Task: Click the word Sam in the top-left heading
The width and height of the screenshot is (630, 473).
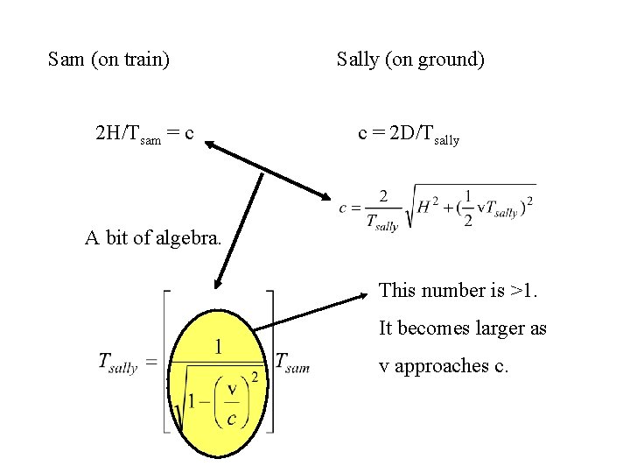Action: point(66,60)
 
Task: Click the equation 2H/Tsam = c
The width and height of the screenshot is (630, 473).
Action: point(143,134)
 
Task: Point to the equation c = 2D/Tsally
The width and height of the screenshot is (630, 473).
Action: point(409,134)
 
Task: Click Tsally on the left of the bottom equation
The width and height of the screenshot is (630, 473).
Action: point(117,362)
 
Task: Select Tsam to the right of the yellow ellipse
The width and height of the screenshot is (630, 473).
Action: point(291,362)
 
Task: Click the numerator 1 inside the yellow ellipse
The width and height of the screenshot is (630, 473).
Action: point(218,348)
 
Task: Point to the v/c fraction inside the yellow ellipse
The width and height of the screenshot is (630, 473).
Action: point(232,403)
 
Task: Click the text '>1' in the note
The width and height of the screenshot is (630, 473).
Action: point(523,290)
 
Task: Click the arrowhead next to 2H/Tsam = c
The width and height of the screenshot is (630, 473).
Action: point(213,147)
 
